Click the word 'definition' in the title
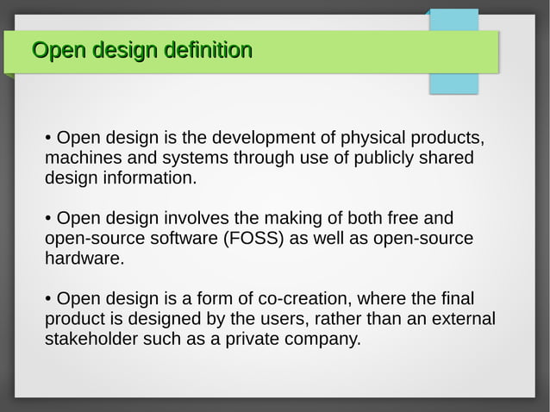[x=208, y=51]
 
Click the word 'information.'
[x=147, y=178]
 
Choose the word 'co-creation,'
[x=304, y=298]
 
